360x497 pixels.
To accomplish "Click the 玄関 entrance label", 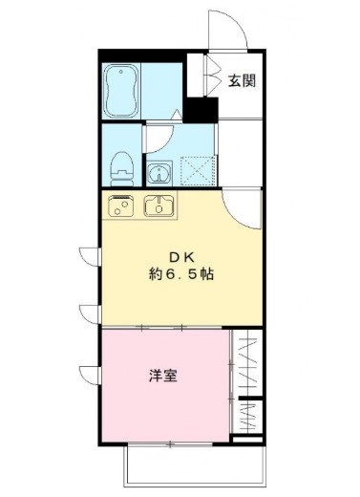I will [x=242, y=81].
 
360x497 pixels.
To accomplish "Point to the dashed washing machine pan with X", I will [x=201, y=172].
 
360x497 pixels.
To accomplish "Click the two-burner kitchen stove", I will [x=121, y=205].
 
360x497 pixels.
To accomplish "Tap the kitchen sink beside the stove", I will [x=159, y=205].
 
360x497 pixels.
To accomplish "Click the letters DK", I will [x=181, y=256].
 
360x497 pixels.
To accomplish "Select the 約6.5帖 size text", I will [x=180, y=273].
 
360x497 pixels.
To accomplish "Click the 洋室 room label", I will [x=161, y=376].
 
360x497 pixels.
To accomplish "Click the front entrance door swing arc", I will [x=230, y=29].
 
